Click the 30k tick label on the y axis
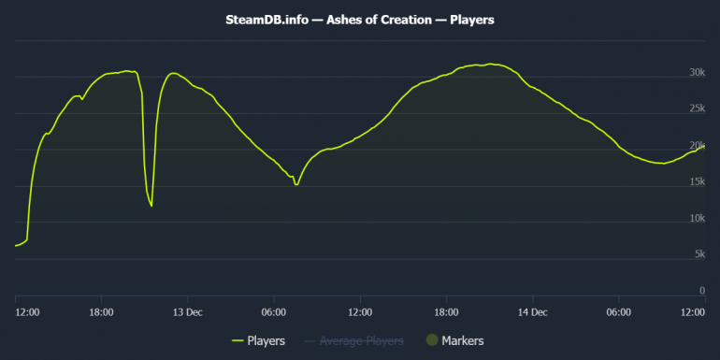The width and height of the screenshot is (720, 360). point(696,73)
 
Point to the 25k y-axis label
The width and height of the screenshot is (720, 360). point(696,109)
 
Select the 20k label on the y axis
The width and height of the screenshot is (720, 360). point(696,146)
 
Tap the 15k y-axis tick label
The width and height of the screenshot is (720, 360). point(696,182)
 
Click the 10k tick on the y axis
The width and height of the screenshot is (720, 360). point(696,219)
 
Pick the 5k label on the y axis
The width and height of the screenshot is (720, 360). point(698,255)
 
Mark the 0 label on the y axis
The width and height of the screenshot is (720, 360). point(700,292)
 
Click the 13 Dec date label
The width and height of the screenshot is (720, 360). point(187,311)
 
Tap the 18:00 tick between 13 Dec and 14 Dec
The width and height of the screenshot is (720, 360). point(446,311)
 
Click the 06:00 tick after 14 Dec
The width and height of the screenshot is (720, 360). point(618,311)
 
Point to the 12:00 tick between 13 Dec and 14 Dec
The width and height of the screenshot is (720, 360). point(360,311)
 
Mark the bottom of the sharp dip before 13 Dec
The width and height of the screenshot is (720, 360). point(151,206)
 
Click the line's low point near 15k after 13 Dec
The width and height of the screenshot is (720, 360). point(296,184)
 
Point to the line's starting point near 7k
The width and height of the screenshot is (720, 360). point(16,245)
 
